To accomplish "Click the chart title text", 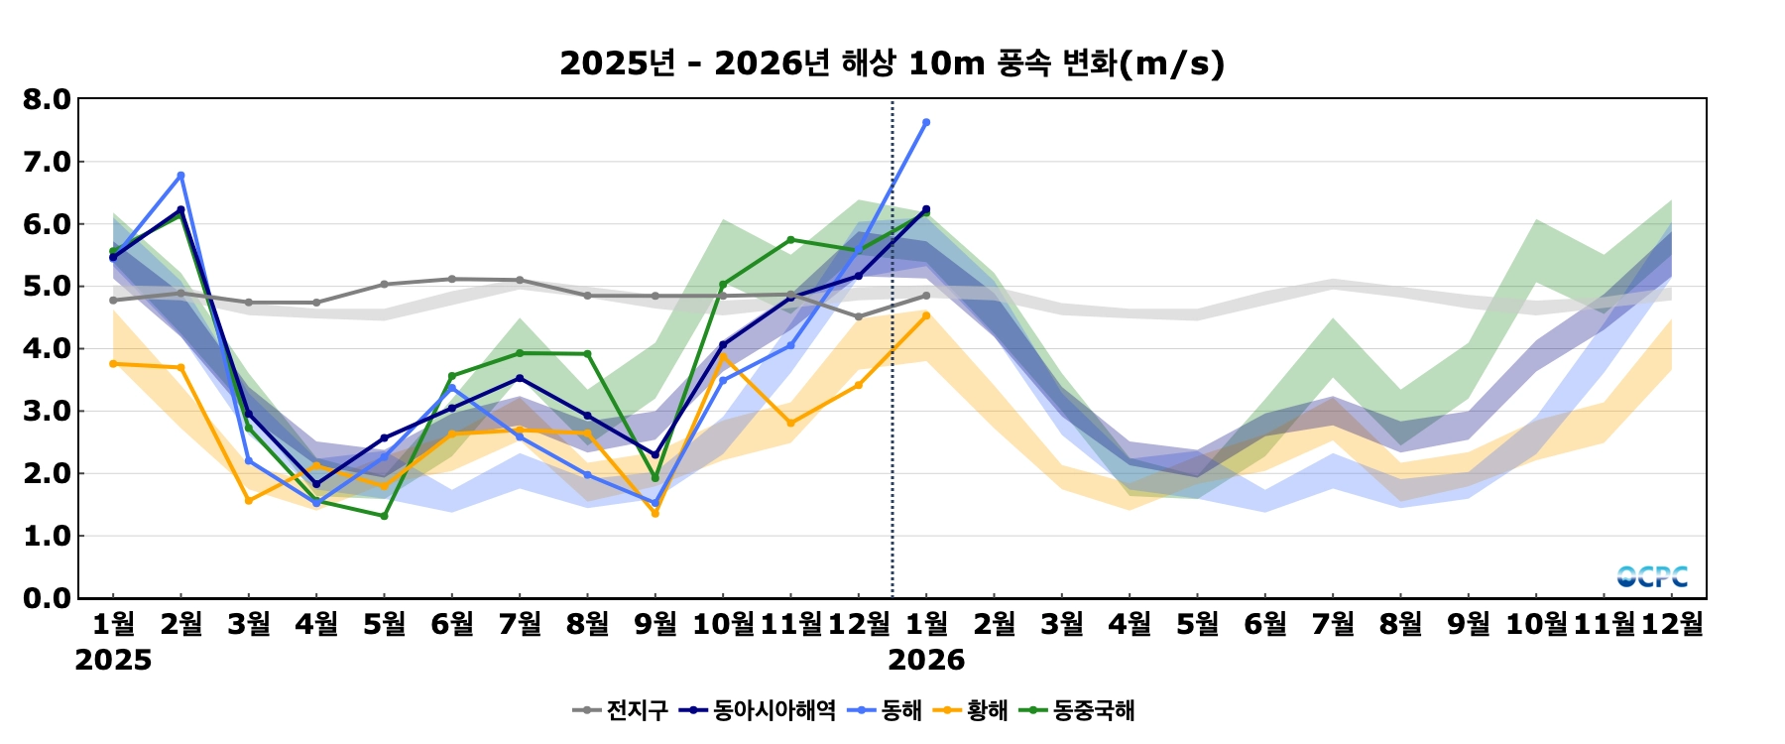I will tap(892, 63).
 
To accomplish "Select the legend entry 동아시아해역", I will tap(773, 710).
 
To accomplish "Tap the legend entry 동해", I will tap(900, 710).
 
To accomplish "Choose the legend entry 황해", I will tap(987, 710).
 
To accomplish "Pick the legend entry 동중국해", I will tap(1094, 710).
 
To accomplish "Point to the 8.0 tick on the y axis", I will tap(47, 99).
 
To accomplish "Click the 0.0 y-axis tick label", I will tap(47, 598).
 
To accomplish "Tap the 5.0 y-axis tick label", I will tap(47, 287).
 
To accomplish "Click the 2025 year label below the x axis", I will tap(113, 661).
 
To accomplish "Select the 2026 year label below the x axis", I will tap(926, 661).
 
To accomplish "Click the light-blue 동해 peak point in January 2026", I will tap(926, 123).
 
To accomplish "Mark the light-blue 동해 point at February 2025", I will tap(180, 176).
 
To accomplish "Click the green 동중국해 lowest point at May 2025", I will tap(384, 516).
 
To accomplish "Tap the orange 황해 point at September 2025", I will tap(654, 514).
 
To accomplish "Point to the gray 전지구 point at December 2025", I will tap(859, 317).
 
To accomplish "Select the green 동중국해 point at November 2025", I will tap(790, 239).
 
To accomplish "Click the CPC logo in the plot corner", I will tap(1652, 576).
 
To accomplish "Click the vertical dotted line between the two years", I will tap(892, 397).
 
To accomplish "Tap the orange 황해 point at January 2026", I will tap(926, 316).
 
